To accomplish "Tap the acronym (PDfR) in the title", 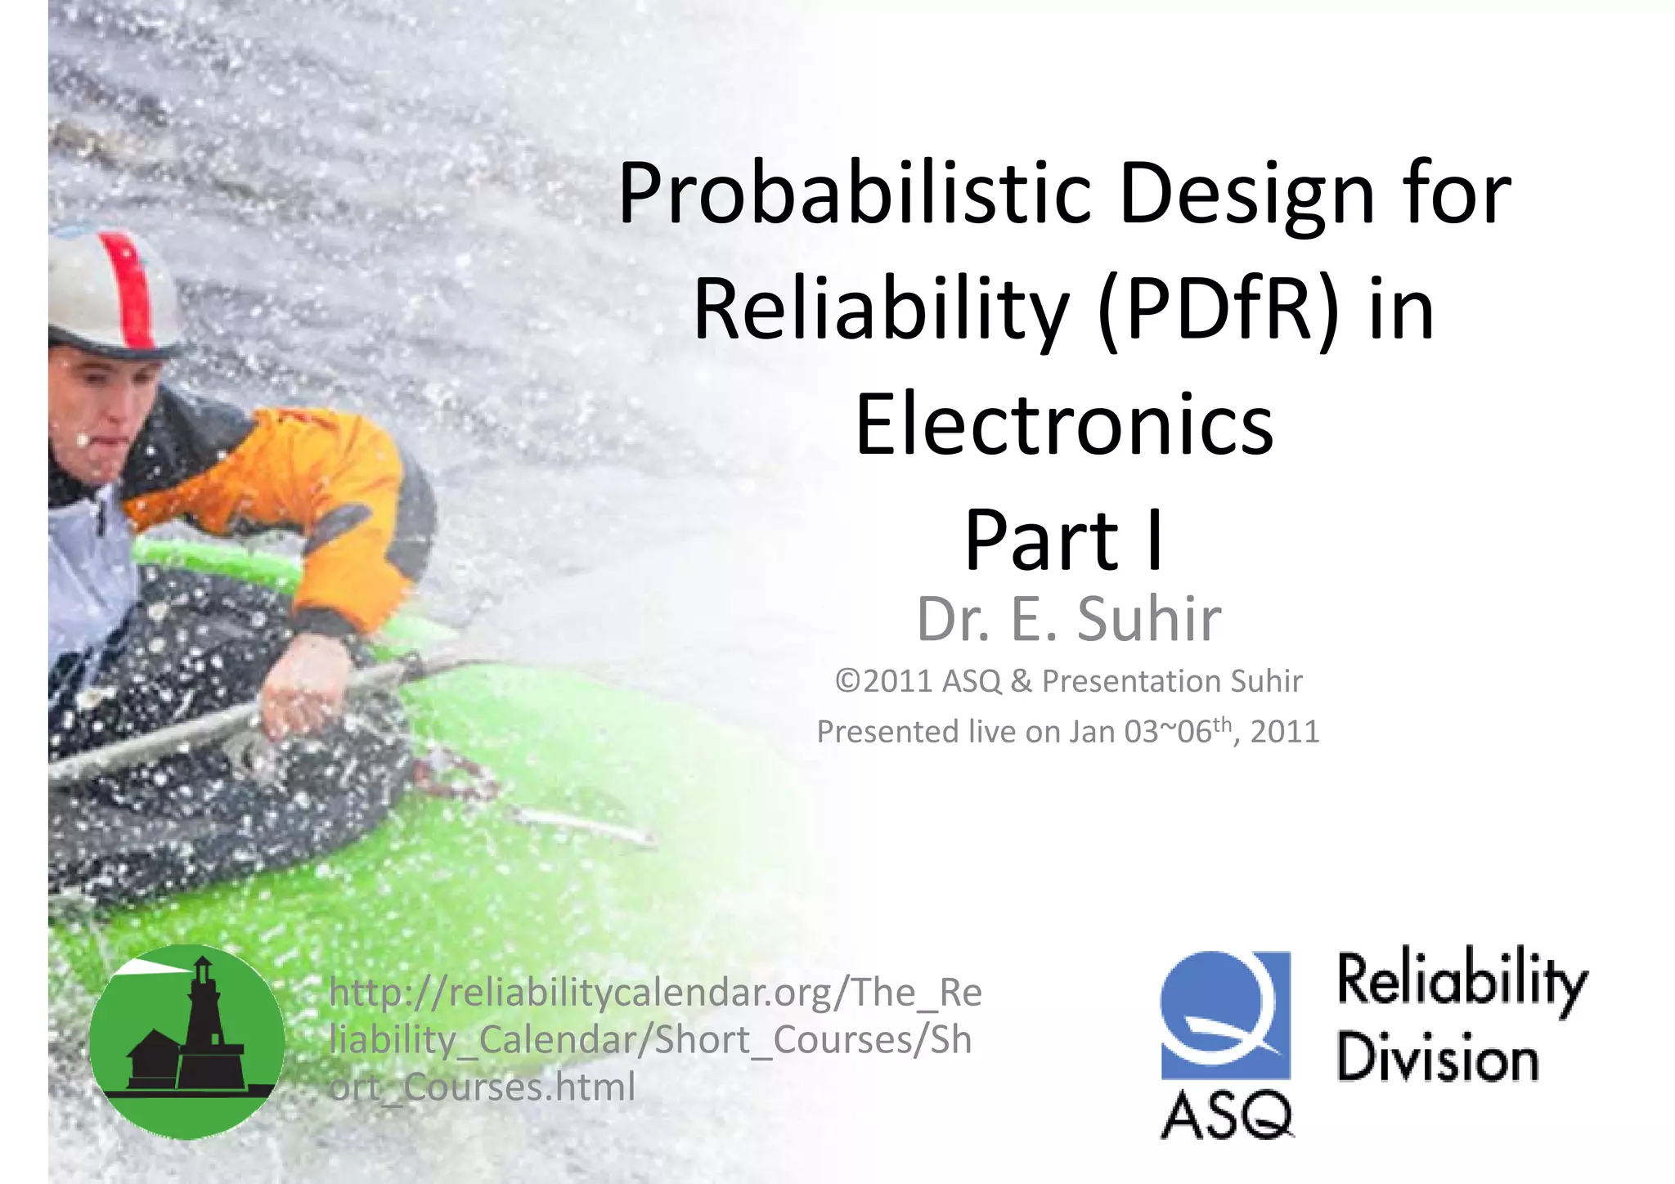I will pyautogui.click(x=1219, y=311).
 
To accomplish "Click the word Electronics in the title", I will pyautogui.click(x=1063, y=425).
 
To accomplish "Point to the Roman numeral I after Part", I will pyautogui.click(x=1154, y=540).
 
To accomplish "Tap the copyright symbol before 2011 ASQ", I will pyautogui.click(x=848, y=681).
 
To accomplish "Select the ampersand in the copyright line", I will pyautogui.click(x=1021, y=681).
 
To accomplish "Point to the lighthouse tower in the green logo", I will pyautogui.click(x=200, y=1022).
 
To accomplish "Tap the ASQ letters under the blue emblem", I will pyautogui.click(x=1226, y=1115).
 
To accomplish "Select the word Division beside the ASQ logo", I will pyautogui.click(x=1438, y=1058).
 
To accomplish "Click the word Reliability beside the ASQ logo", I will pyautogui.click(x=1462, y=981).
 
